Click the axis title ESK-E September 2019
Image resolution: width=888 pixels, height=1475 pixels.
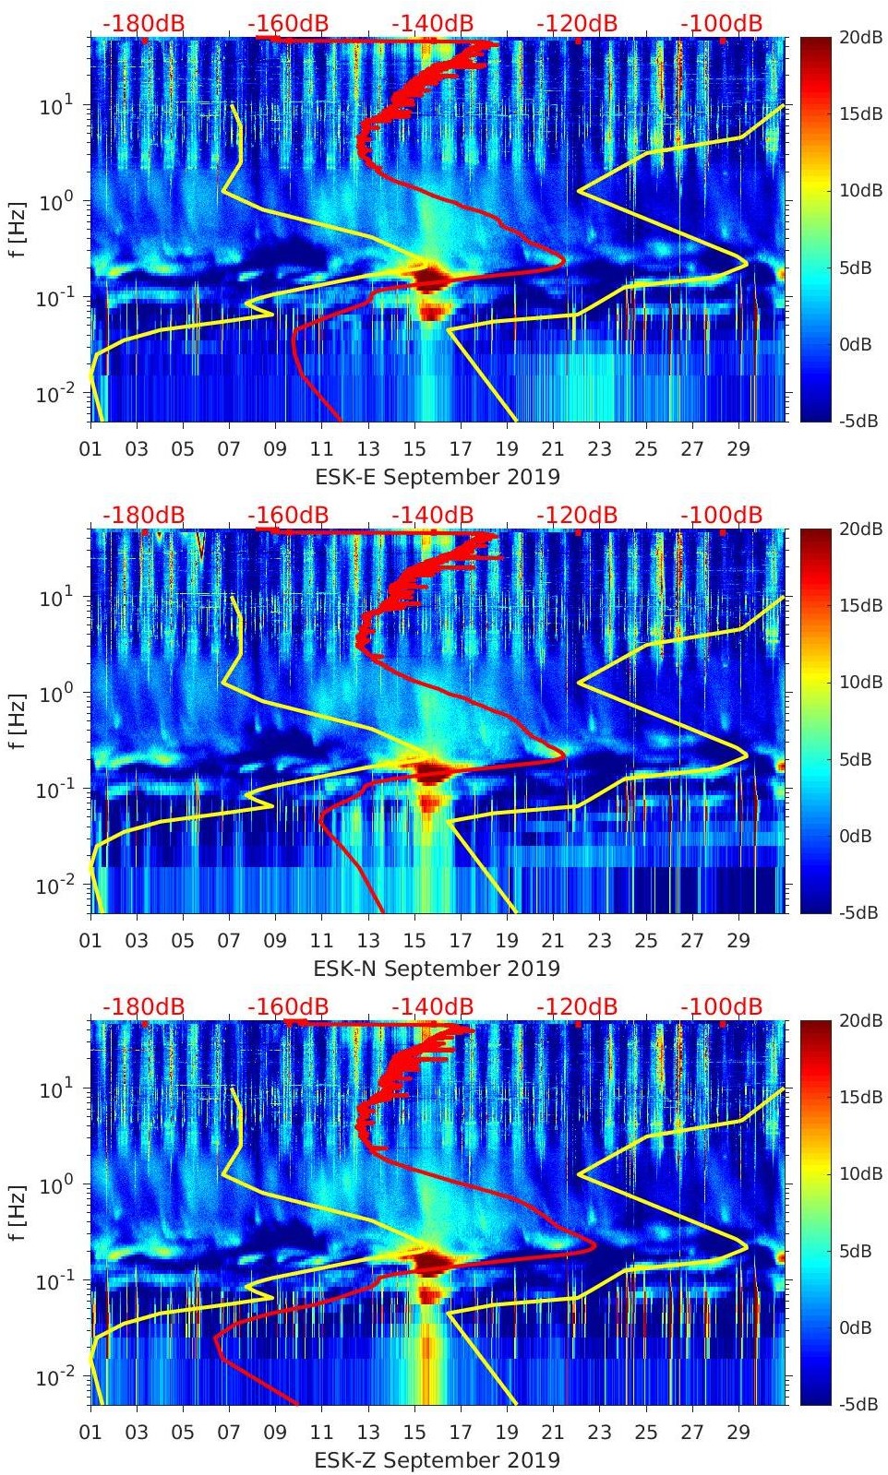click(438, 477)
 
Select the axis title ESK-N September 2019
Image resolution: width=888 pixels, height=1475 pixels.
click(437, 969)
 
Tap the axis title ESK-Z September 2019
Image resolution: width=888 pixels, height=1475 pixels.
click(437, 1460)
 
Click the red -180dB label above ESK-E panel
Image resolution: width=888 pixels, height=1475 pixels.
click(143, 23)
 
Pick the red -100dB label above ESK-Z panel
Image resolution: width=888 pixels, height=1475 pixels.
click(722, 1006)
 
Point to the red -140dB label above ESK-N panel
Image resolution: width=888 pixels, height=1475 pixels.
click(432, 515)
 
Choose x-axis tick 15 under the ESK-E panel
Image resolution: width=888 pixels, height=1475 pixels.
click(414, 449)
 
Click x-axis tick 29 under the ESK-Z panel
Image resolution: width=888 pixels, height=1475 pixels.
click(738, 1433)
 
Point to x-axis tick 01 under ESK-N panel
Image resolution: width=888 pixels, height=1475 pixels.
click(90, 941)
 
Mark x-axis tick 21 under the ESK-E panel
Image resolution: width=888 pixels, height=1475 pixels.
click(553, 449)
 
